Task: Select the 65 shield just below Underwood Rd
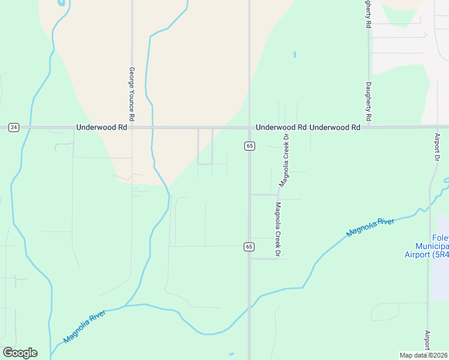249,146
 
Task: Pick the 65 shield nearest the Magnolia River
249,247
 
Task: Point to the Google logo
20,353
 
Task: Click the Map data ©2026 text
423,355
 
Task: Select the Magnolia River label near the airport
370,227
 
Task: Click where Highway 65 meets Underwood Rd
249,127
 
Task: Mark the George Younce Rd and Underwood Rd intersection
131,127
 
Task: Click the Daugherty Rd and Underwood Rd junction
369,127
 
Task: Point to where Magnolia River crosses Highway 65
249,307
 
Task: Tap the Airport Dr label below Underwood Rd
437,146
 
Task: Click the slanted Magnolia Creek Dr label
284,159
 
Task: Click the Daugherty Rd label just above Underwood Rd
369,101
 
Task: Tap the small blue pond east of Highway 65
295,55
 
